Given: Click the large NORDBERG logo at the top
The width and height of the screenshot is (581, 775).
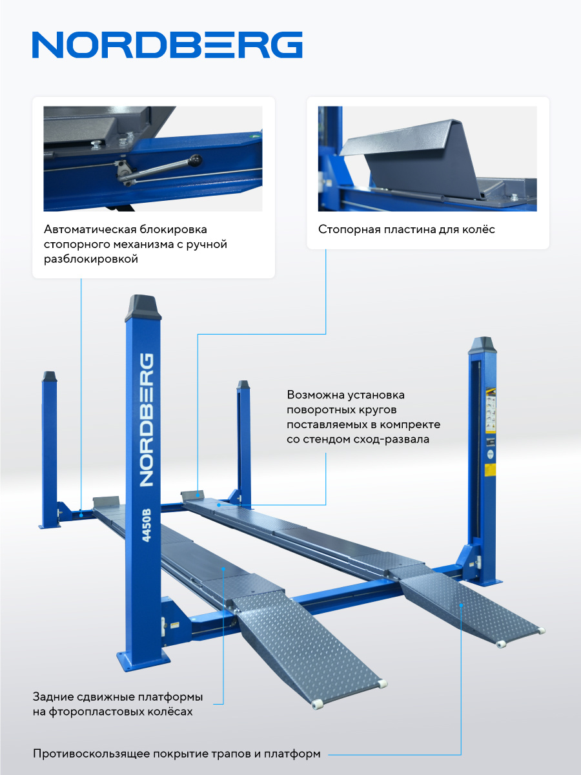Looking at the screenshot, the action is click(167, 45).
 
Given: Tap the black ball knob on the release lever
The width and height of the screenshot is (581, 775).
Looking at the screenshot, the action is click(196, 161).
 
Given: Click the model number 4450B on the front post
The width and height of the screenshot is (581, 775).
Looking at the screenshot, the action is click(146, 525).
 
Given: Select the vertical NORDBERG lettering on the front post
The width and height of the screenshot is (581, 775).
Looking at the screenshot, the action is click(146, 420).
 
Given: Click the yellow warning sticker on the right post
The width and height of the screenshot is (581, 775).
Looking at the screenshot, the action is click(491, 470).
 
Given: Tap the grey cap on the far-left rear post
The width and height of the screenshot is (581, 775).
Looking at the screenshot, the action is click(50, 377).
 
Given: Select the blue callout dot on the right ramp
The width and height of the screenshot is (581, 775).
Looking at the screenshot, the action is click(461, 605).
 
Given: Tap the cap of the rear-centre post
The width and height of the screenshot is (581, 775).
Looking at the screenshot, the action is click(243, 385).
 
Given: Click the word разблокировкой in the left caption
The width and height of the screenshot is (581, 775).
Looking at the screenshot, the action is click(90, 260).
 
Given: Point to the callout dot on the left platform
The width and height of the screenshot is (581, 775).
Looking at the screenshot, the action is click(223, 568).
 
